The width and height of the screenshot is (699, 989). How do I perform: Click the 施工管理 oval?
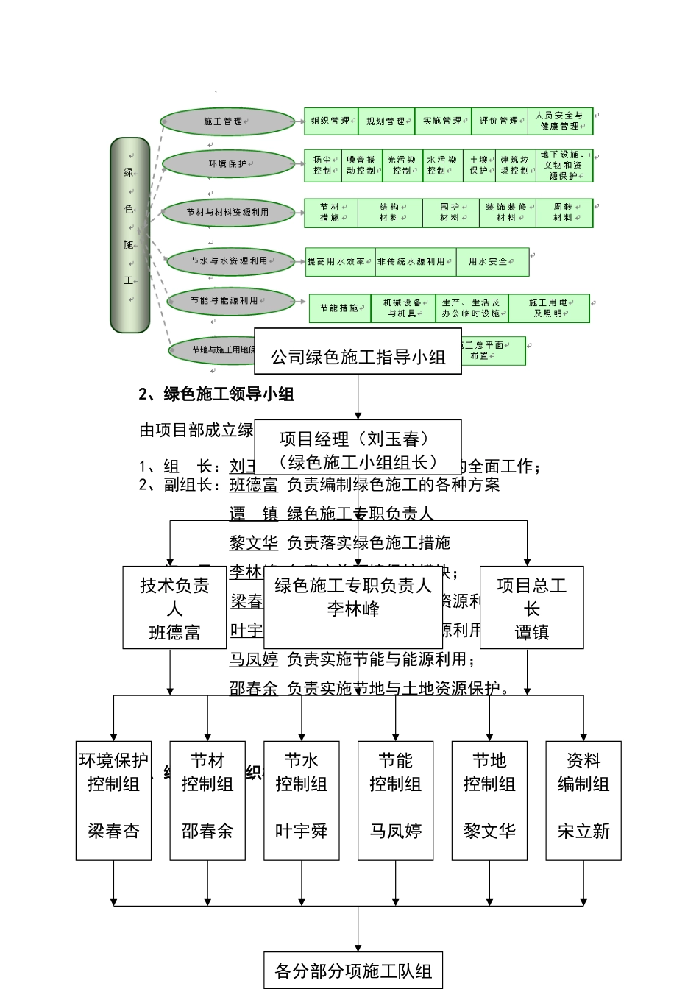[x=227, y=122]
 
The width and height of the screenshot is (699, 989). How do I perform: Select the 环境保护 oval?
[x=227, y=164]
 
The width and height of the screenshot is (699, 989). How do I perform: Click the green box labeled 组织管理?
[x=330, y=121]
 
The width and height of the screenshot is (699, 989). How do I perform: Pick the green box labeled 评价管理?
[x=500, y=121]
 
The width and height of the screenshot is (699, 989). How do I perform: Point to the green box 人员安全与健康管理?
[x=561, y=121]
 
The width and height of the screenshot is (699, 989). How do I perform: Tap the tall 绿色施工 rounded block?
[x=130, y=234]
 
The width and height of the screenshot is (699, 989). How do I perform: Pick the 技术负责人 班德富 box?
[x=174, y=608]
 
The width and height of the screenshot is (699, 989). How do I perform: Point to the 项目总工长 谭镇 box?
[x=531, y=608]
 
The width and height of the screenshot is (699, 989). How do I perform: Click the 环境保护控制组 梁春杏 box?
[x=113, y=800]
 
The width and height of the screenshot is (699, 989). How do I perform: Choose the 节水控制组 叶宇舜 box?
[x=302, y=800]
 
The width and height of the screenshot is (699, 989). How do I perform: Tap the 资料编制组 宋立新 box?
[x=583, y=800]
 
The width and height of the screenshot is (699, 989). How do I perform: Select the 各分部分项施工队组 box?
[x=353, y=971]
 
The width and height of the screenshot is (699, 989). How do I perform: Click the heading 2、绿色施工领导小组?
[x=216, y=394]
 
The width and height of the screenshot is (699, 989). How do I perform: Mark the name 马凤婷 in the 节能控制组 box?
[x=396, y=832]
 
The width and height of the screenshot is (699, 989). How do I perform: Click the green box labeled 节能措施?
[x=339, y=309]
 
